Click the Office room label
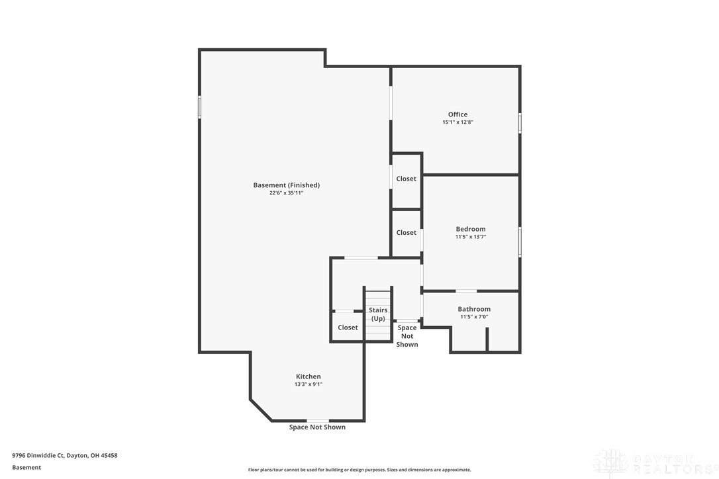pyautogui.click(x=457, y=114)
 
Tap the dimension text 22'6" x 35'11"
pyautogui.click(x=286, y=193)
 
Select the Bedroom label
pyautogui.click(x=470, y=229)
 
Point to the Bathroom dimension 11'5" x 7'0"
pyautogui.click(x=474, y=317)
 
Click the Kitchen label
pyautogui.click(x=308, y=376)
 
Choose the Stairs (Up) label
pyautogui.click(x=378, y=314)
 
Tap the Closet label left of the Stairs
pyautogui.click(x=348, y=327)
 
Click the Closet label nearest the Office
pyautogui.click(x=406, y=179)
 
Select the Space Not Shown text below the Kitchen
pyautogui.click(x=317, y=427)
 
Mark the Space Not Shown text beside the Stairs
pyautogui.click(x=407, y=336)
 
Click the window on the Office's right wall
pyautogui.click(x=520, y=123)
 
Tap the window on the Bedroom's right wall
pyautogui.click(x=520, y=241)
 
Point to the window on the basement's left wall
pyautogui.click(x=199, y=107)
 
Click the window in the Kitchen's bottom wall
pyautogui.click(x=317, y=420)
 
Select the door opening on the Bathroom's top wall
pyautogui.click(x=466, y=290)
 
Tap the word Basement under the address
pyautogui.click(x=26, y=467)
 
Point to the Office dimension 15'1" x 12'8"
pyautogui.click(x=457, y=122)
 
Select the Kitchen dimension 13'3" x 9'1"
pyautogui.click(x=308, y=384)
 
